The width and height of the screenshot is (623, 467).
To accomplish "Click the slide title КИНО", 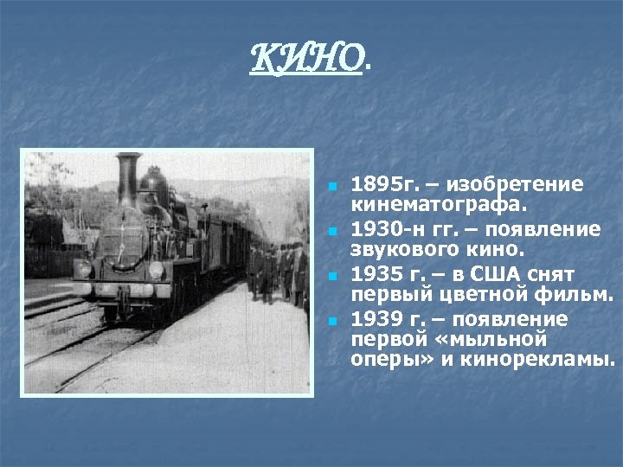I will pos(308,59).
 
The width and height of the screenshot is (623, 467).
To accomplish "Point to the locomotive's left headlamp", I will pos(84,270).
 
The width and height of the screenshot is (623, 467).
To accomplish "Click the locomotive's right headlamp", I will pos(155,270).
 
